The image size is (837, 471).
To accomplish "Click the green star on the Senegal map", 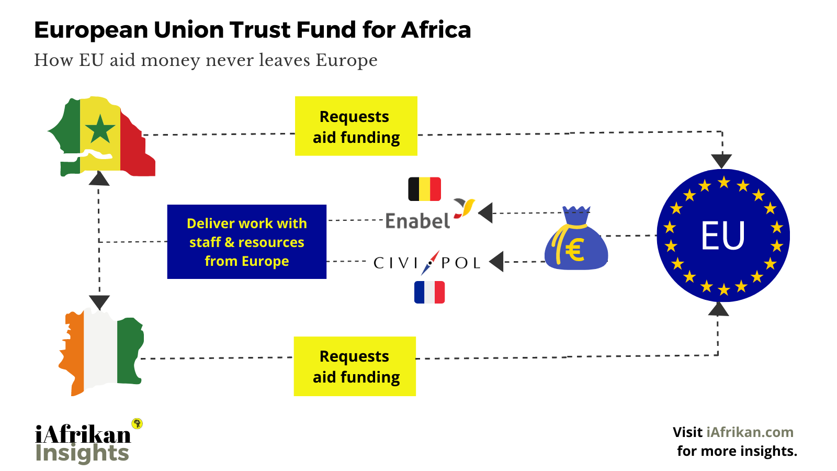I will click(100, 129).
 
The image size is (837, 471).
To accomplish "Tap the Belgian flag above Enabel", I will click(424, 189).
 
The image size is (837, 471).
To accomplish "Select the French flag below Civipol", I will click(429, 292).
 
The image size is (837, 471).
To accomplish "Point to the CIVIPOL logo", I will click(427, 262).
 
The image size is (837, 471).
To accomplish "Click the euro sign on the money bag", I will click(574, 250).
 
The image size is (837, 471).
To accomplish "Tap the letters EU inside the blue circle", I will click(723, 235).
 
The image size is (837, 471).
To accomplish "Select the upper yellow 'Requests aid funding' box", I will click(356, 126).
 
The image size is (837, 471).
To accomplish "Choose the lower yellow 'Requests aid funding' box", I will click(355, 366).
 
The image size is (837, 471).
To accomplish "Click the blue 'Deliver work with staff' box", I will click(246, 242).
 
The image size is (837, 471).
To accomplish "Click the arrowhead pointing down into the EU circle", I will click(722, 161).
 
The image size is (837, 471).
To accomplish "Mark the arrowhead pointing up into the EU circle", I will click(718, 309).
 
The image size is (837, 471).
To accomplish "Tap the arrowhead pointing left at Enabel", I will click(485, 213).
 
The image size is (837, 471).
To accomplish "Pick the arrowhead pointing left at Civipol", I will click(496, 261).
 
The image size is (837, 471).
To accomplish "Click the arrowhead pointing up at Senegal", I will click(99, 179).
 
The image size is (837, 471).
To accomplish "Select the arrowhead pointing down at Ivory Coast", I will click(99, 302).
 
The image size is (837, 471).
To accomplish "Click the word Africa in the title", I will click(436, 30).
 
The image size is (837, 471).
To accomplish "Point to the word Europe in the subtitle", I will click(346, 60).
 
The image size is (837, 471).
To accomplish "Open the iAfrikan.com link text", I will click(750, 432).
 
